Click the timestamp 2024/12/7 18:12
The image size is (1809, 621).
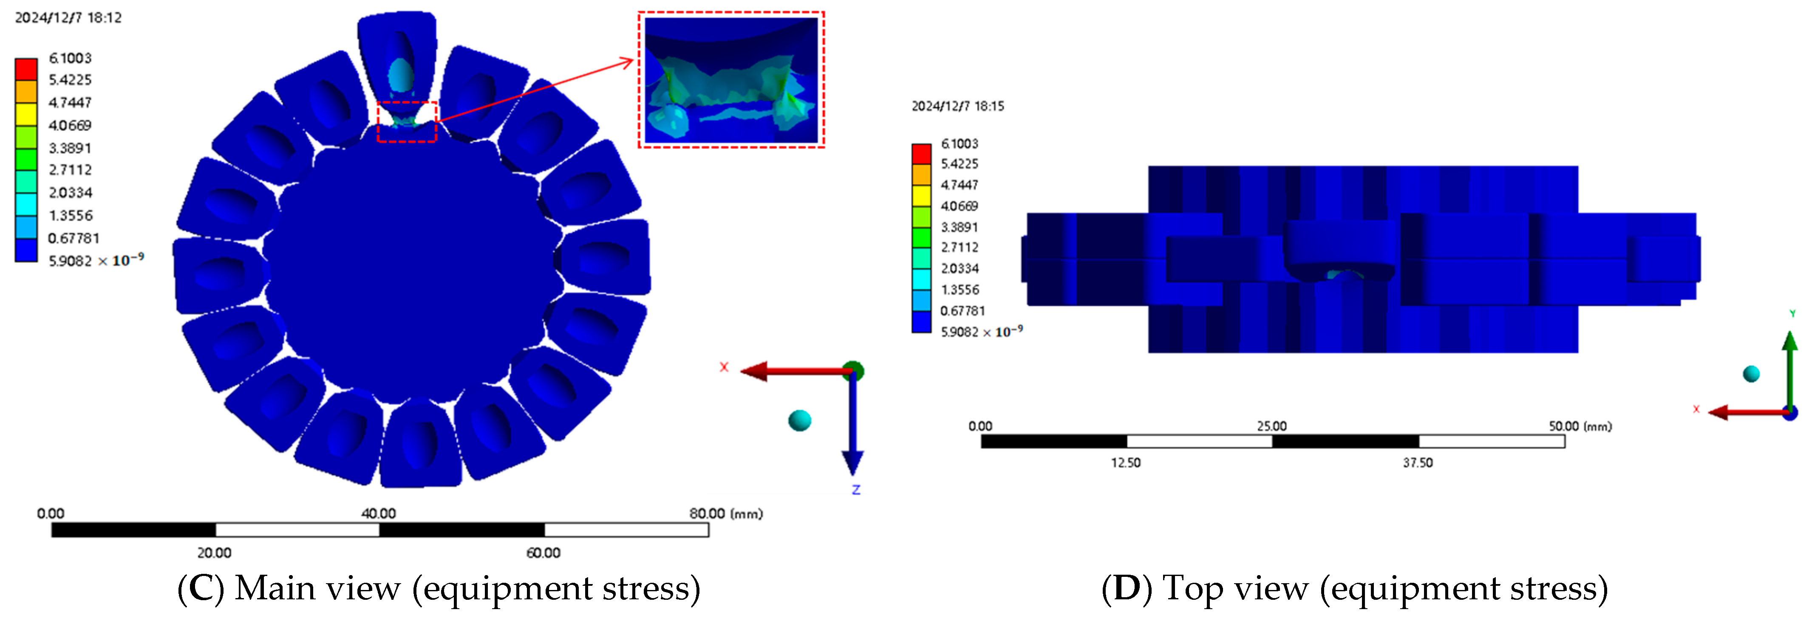68,17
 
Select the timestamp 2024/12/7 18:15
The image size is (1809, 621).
958,106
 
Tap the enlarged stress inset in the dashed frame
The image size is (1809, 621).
731,79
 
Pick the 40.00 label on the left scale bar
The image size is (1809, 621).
379,514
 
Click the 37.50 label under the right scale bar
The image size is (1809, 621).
1418,463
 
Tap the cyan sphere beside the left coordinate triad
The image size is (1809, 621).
799,421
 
